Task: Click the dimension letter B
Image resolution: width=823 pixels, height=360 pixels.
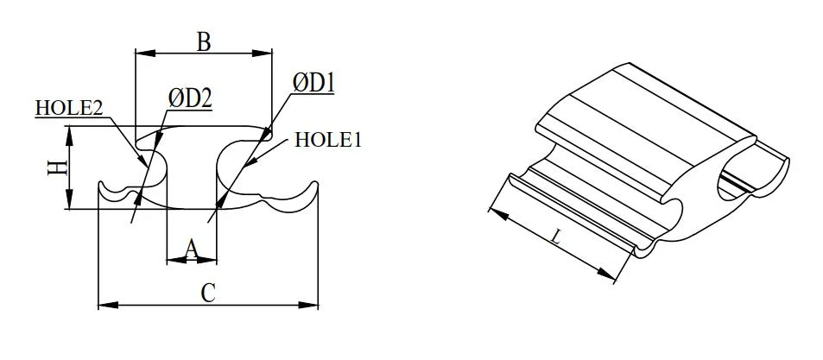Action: (204, 41)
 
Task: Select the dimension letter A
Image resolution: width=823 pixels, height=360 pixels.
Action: (192, 249)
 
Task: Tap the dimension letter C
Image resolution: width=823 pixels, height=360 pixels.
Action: (207, 292)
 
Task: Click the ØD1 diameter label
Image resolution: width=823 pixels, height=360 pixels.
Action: (313, 83)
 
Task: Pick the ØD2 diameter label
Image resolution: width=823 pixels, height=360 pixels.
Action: (189, 98)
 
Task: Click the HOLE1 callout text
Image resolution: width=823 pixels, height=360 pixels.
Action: (327, 140)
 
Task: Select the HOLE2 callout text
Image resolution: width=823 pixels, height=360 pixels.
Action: (69, 108)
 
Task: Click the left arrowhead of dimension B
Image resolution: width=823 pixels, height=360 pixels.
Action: (141, 54)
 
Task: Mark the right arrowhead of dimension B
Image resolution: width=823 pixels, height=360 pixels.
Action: (267, 54)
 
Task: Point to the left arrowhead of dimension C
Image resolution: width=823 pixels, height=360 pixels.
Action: (104, 304)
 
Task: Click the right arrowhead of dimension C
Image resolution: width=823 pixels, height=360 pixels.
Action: (313, 304)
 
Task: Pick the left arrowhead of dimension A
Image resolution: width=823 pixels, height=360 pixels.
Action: (171, 258)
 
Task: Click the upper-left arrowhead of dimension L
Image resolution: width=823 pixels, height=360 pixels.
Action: (493, 210)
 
